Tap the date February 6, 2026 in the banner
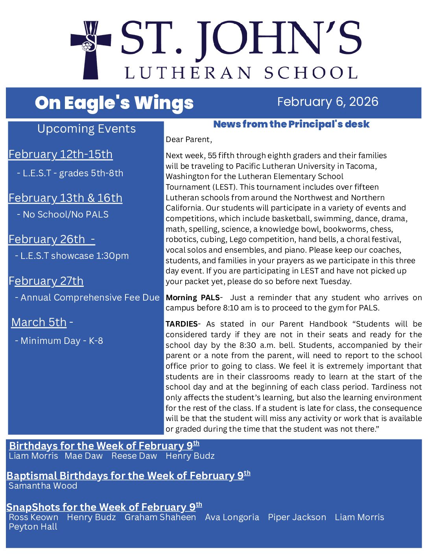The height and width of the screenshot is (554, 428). click(327, 102)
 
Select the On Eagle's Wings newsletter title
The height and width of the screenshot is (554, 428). click(114, 103)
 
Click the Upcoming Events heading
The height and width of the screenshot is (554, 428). click(86, 129)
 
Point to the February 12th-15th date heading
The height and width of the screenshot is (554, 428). click(61, 154)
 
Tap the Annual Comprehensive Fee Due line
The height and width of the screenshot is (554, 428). click(90, 297)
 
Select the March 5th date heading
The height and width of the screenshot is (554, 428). click(39, 322)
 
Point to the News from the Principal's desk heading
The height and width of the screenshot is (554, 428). click(291, 124)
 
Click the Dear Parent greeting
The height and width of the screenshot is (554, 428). click(189, 139)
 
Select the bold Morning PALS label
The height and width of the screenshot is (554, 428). click(192, 297)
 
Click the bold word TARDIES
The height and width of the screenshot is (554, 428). click(181, 324)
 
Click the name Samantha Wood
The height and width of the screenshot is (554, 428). click(43, 486)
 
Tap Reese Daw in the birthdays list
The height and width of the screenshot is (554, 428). click(134, 456)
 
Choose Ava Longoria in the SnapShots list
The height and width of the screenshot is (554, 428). click(232, 517)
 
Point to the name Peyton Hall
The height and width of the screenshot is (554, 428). click(33, 526)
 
